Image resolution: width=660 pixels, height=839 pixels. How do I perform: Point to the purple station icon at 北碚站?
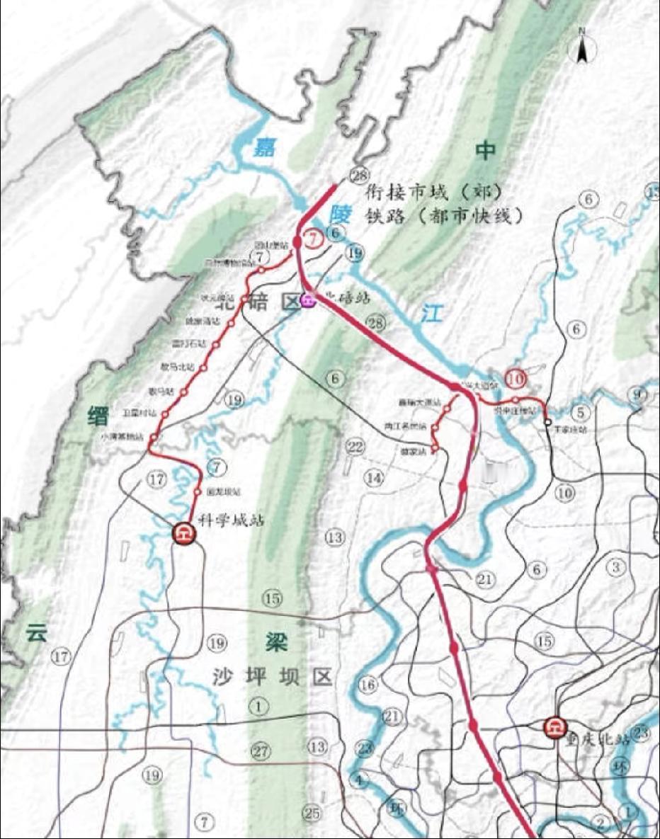point(307,300)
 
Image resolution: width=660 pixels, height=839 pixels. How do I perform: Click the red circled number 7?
point(312,239)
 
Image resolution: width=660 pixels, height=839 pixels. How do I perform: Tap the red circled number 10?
point(516,379)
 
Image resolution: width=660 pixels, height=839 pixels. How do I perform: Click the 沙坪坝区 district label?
point(272,677)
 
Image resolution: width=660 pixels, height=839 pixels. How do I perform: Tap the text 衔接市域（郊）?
point(433,193)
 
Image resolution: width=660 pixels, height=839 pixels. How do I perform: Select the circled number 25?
point(312,813)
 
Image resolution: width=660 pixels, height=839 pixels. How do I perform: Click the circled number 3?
point(616,567)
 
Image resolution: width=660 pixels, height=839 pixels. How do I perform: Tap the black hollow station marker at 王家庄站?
point(548,422)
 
